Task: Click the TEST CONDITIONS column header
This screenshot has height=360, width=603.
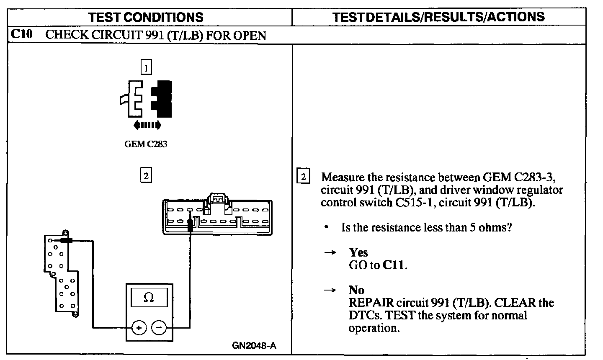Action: [x=146, y=17]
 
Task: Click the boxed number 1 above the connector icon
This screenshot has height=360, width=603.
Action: [x=146, y=67]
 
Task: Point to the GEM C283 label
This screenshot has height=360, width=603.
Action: [x=146, y=144]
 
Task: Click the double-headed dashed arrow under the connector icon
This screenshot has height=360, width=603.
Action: [x=147, y=125]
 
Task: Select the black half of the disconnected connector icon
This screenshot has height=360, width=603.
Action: [x=162, y=99]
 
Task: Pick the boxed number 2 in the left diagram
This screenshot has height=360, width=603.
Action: [x=146, y=176]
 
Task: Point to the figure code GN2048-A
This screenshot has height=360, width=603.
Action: [x=254, y=346]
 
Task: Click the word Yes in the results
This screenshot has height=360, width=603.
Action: [x=358, y=252]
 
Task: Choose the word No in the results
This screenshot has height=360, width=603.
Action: [x=356, y=290]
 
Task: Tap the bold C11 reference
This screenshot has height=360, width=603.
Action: [x=394, y=265]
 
